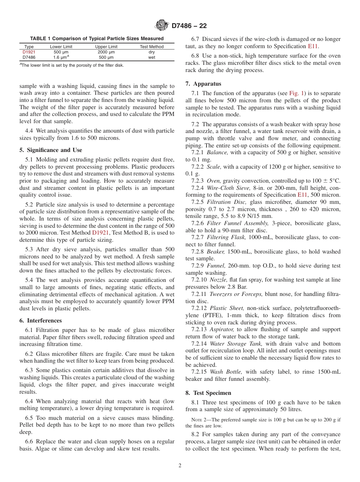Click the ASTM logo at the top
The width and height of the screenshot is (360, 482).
point(162,26)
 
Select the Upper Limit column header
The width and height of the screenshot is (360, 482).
point(106,47)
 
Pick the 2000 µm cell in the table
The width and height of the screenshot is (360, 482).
point(106,52)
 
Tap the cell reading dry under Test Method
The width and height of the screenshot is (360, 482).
point(152,52)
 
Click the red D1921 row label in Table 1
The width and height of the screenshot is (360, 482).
point(29,52)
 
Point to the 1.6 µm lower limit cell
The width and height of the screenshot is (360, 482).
point(61,57)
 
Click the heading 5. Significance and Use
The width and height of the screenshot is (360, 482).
point(50,150)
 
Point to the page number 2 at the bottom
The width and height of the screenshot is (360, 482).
point(180,466)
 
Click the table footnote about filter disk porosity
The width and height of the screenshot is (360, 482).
point(72,65)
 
